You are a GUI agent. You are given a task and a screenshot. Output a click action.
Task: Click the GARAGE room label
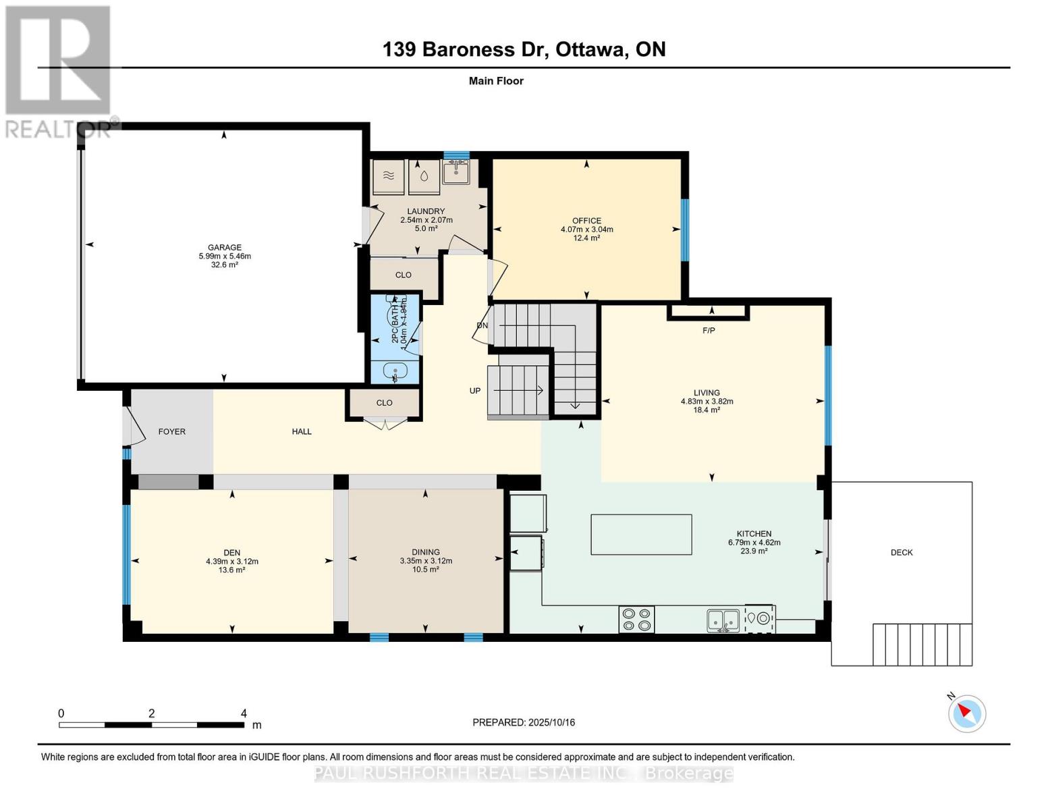pyautogui.click(x=224, y=248)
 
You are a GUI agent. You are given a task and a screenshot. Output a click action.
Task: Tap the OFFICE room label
pyautogui.click(x=586, y=221)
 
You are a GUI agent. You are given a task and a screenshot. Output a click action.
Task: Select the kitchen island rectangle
pyautogui.click(x=641, y=535)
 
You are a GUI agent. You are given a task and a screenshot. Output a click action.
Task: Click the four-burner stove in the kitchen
pyautogui.click(x=636, y=620)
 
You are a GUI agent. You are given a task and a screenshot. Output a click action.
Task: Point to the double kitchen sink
pyautogui.click(x=723, y=620)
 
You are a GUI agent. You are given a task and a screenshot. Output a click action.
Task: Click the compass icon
pyautogui.click(x=967, y=713)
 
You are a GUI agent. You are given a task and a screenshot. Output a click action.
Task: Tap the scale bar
pyautogui.click(x=151, y=725)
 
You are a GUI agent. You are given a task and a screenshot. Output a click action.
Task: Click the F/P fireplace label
pyautogui.click(x=709, y=331)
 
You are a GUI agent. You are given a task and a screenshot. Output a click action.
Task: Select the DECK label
pyautogui.click(x=901, y=552)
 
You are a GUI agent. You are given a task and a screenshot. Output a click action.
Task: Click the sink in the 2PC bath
pyautogui.click(x=395, y=371)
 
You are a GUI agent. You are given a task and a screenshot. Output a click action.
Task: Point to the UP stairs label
pyautogui.click(x=475, y=391)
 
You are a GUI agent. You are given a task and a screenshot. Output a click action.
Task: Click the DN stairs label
pyautogui.click(x=482, y=325)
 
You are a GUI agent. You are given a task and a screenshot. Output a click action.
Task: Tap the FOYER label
pyautogui.click(x=171, y=431)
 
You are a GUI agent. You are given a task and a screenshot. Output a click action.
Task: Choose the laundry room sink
pyautogui.click(x=456, y=172)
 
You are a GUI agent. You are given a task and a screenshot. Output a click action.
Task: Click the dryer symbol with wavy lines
pyautogui.click(x=389, y=177)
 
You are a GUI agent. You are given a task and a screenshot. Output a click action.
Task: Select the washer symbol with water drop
pyautogui.click(x=424, y=177)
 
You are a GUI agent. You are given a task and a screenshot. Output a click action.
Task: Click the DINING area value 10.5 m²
pyautogui.click(x=426, y=570)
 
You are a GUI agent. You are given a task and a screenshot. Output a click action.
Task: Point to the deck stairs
pyautogui.click(x=922, y=644)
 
